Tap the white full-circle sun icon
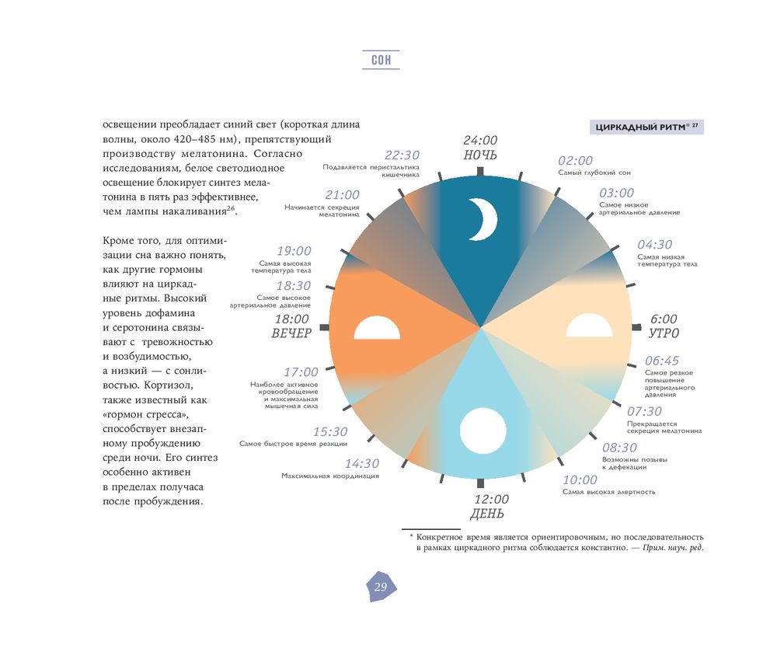483,431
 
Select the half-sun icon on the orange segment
377,329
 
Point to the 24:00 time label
480,141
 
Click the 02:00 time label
575,161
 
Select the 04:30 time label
655,245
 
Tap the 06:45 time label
662,361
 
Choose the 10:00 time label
580,480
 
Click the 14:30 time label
362,464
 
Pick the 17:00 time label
301,373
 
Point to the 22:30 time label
402,155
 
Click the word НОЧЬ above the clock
480,155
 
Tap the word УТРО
664,333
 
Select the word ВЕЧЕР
291,333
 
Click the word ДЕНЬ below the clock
487,514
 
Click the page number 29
380,587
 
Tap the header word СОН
381,60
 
